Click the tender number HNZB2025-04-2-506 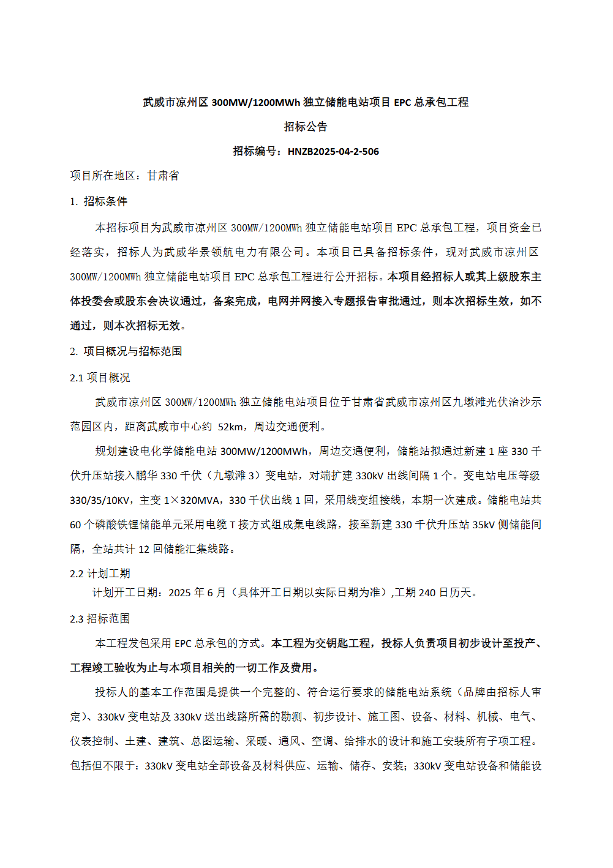pyautogui.click(x=333, y=152)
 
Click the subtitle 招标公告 pyautogui.click(x=306, y=127)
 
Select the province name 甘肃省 pyautogui.click(x=163, y=176)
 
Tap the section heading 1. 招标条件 pyautogui.click(x=99, y=201)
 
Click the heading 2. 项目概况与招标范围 pyautogui.click(x=126, y=351)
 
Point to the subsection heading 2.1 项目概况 pyautogui.click(x=100, y=378)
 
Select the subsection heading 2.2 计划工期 pyautogui.click(x=100, y=574)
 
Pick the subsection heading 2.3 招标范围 pyautogui.click(x=100, y=619)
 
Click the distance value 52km pyautogui.click(x=230, y=427)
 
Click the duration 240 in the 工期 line pyautogui.click(x=427, y=593)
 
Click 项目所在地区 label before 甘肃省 pyautogui.click(x=102, y=176)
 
